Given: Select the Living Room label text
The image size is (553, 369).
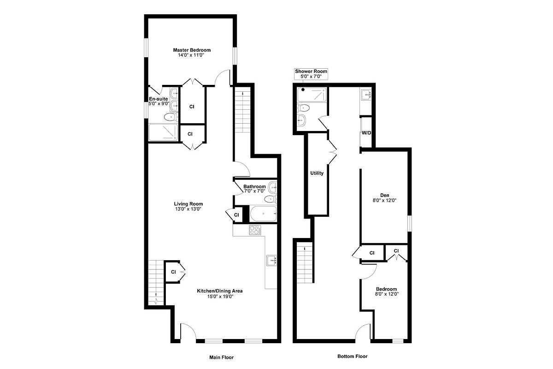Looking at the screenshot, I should [188, 206].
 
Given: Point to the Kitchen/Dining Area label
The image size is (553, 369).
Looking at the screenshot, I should [220, 294].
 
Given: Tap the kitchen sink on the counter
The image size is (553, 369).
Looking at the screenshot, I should [271, 261].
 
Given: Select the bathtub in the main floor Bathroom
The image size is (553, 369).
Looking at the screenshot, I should [263, 214].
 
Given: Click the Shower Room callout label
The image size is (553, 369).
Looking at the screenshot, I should [311, 74].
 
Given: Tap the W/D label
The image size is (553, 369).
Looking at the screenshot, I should [366, 133].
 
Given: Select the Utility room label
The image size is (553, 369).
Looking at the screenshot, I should [317, 173].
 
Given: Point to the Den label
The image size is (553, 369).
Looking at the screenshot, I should [384, 197].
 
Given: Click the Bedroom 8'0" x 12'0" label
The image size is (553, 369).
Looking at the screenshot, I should [386, 292].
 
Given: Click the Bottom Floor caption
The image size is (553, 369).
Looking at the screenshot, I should [352, 357].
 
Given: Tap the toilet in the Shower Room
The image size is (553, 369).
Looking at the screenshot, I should [304, 108].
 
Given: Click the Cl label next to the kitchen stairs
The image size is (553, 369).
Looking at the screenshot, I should [174, 272].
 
